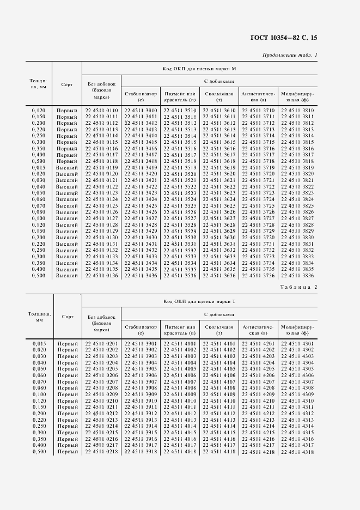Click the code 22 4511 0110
click(x=101, y=111)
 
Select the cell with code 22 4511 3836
click(x=297, y=276)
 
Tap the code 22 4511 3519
click(x=180, y=168)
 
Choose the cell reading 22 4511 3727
click(x=258, y=218)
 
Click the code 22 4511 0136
click(x=101, y=276)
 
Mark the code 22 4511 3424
click(x=141, y=199)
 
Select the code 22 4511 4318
click(x=297, y=452)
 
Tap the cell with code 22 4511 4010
click(x=180, y=401)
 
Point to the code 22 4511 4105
click(x=219, y=369)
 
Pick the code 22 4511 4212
click(x=258, y=414)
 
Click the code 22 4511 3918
click(x=141, y=452)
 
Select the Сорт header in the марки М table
click(x=67, y=84)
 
